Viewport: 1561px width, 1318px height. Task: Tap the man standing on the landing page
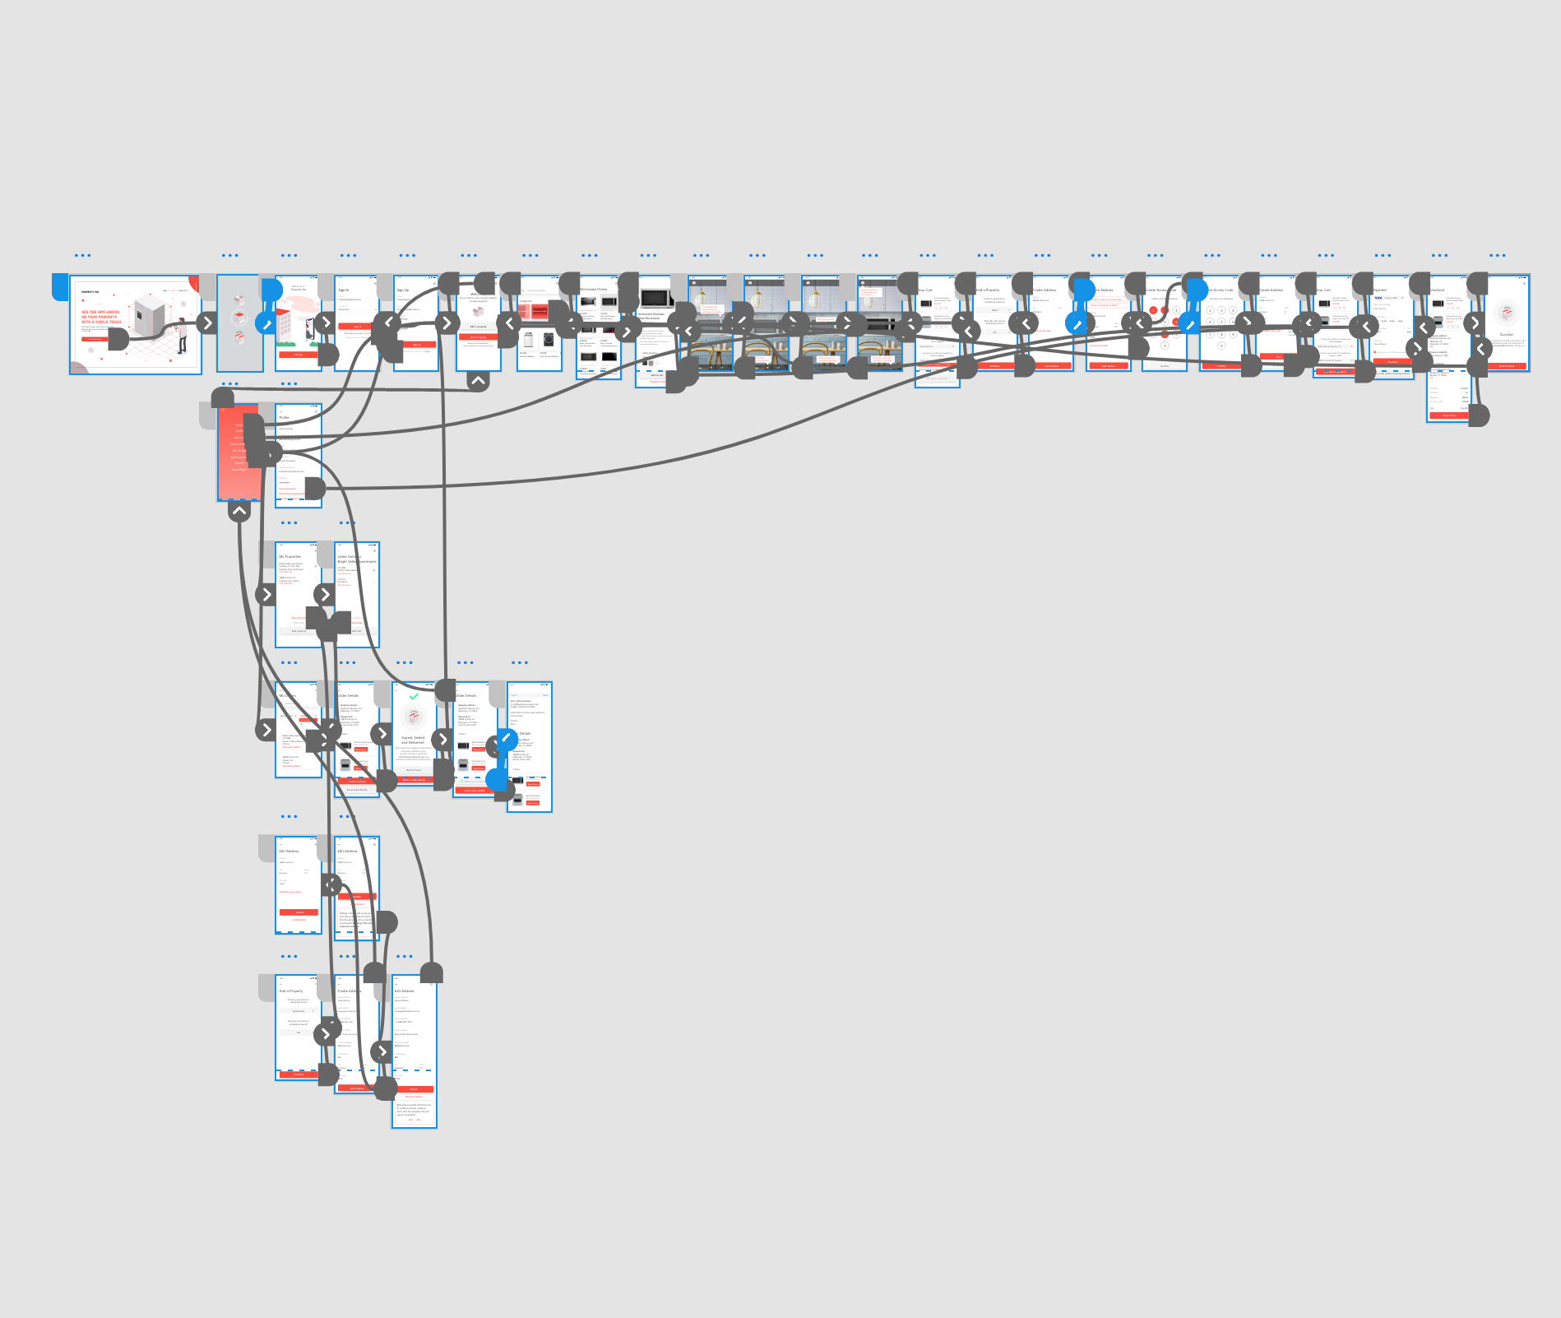click(182, 333)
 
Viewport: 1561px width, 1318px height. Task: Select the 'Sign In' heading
click(344, 290)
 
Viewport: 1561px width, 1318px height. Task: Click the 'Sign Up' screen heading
click(403, 290)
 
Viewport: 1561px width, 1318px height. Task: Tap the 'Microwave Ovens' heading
click(594, 290)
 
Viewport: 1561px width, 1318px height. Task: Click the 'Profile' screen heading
click(284, 418)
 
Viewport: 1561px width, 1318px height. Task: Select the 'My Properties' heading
click(290, 557)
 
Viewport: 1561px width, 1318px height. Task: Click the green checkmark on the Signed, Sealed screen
click(414, 696)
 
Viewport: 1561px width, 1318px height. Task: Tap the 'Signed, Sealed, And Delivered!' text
click(414, 740)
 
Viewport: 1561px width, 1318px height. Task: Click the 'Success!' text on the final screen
click(1506, 335)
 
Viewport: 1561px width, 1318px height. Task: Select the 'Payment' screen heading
click(1380, 290)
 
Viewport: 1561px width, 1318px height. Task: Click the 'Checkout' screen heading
click(1437, 290)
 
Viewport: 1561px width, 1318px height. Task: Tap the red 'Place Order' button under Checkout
click(1448, 415)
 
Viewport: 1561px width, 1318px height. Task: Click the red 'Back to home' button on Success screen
click(1506, 366)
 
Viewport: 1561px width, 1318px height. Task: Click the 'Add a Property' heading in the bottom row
click(291, 991)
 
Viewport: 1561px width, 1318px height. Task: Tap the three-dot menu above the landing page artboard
click(82, 256)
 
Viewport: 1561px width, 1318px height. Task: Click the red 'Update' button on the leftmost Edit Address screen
click(299, 912)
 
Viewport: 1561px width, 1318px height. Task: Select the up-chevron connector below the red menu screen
click(239, 511)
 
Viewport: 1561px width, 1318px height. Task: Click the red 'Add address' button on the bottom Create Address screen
click(356, 1088)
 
